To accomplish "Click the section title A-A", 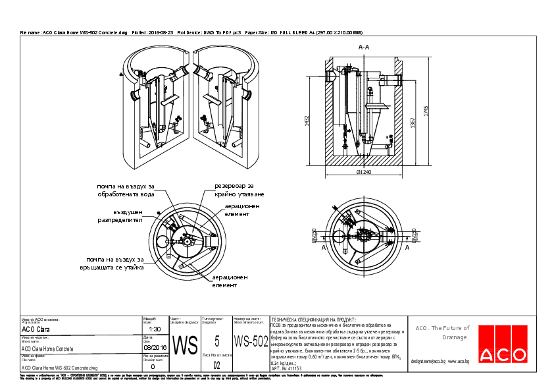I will point(363,47).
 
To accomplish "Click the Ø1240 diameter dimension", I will point(364,173).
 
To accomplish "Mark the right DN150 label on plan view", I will point(414,235).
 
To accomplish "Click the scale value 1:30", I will point(155,329).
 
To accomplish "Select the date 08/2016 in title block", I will point(155,347).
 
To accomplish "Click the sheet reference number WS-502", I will point(251,341).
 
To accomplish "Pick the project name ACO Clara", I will point(36,329).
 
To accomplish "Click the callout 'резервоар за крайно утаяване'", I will point(239,190).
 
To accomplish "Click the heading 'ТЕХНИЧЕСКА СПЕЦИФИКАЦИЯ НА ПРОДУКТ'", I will point(314,318).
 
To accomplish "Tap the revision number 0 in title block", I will point(153,366).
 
